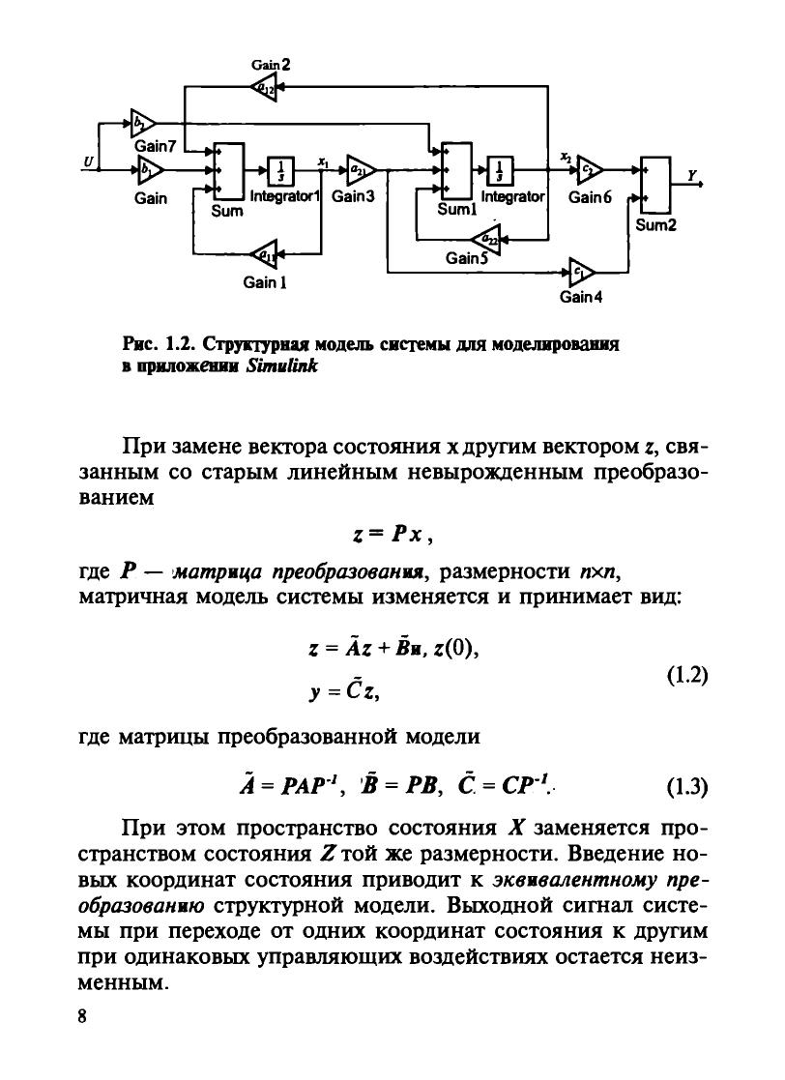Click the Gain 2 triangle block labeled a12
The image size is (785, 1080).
click(x=263, y=88)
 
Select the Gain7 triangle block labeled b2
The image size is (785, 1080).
click(x=142, y=123)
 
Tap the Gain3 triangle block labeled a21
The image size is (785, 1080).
click(x=356, y=168)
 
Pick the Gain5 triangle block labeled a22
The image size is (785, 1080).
click(x=483, y=238)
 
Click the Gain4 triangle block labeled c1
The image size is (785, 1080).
click(x=581, y=270)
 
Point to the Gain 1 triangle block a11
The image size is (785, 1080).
click(x=263, y=254)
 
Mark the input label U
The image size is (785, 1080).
click(x=88, y=163)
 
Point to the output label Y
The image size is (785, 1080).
click(x=691, y=175)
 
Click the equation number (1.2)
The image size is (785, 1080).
click(x=687, y=675)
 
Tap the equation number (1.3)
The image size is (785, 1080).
click(x=687, y=785)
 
